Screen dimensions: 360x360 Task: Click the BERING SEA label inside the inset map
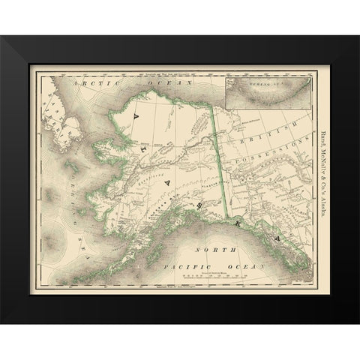point(260,88)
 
